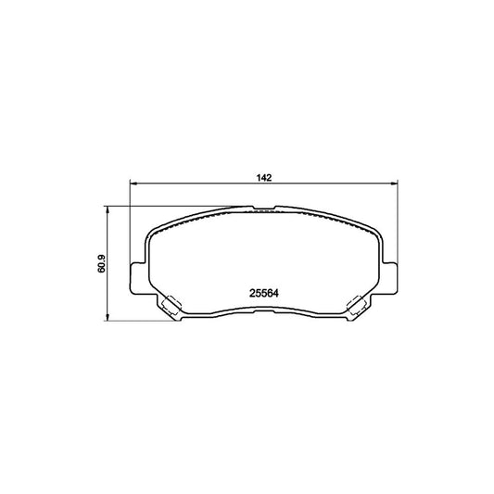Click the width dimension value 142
coord(265,178)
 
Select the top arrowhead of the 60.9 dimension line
coord(112,209)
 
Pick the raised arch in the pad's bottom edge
coord(265,311)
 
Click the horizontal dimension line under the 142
coord(213,185)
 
